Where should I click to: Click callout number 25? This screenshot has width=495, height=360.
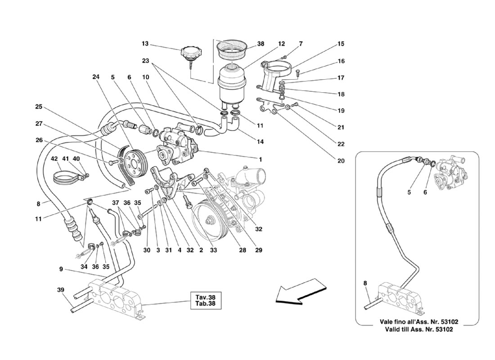[39, 107]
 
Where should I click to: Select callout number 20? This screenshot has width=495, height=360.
[341, 161]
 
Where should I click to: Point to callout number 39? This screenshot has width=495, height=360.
[61, 290]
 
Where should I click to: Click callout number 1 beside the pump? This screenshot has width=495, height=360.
[260, 160]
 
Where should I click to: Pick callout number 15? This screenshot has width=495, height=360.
[341, 44]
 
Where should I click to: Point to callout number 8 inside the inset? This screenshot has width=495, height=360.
[365, 283]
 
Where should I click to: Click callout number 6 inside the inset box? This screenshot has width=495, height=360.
[425, 192]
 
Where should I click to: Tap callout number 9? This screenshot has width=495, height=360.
[61, 270]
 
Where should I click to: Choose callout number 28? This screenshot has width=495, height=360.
[242, 250]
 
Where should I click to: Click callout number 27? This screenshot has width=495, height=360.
[39, 124]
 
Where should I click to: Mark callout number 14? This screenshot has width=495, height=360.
[260, 142]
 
